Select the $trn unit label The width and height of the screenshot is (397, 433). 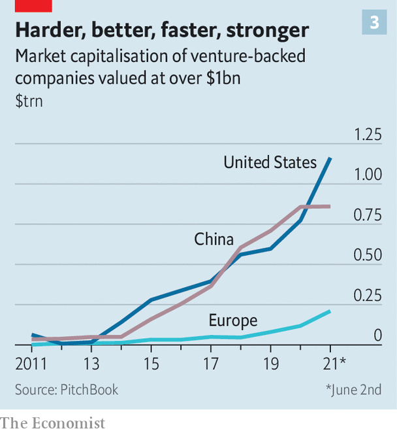(29, 101)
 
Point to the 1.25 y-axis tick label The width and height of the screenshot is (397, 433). (367, 135)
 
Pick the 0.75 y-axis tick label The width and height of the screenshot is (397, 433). (367, 215)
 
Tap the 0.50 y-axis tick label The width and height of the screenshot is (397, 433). (367, 255)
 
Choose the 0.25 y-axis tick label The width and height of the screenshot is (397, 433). (367, 296)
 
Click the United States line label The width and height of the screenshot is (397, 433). (270, 162)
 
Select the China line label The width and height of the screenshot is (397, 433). (214, 239)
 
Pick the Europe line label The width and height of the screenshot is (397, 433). (232, 320)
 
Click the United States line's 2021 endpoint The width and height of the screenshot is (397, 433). (330, 158)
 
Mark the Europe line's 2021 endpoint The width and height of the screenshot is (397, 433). (330, 311)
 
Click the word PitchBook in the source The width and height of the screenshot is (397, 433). (89, 390)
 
